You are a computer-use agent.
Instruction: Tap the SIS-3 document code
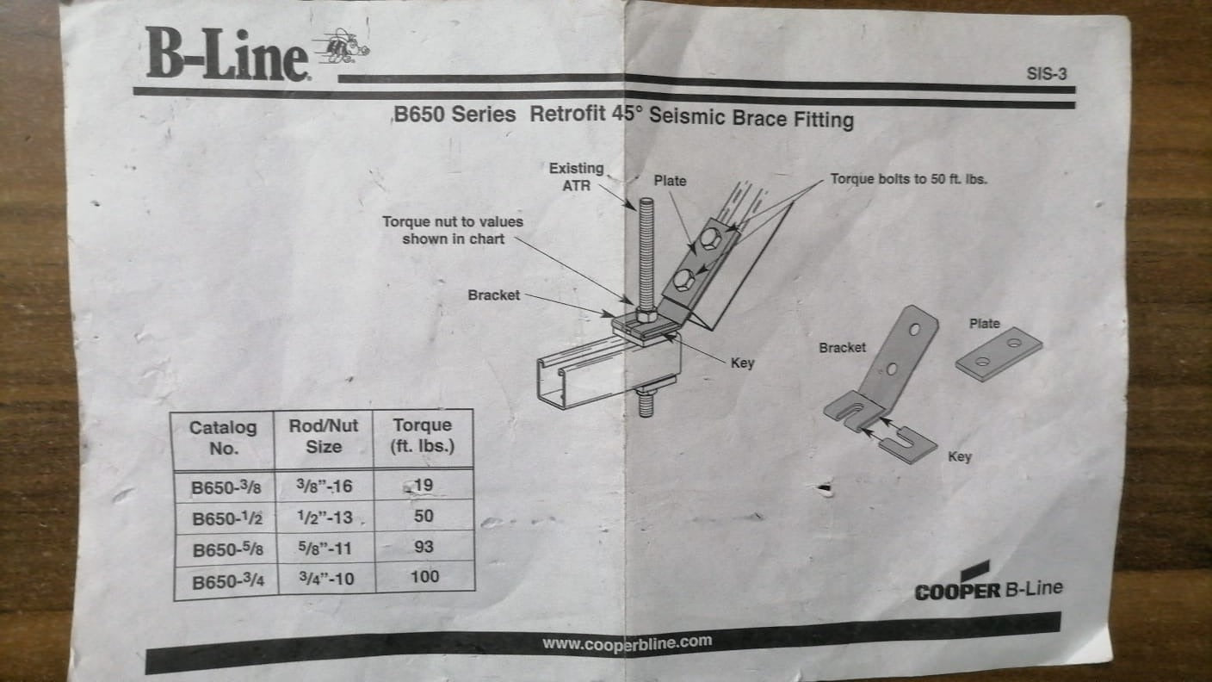click(1047, 74)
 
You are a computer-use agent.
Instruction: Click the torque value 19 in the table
click(424, 486)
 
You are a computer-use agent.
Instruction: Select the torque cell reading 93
click(424, 547)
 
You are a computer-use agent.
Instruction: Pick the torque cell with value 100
click(424, 577)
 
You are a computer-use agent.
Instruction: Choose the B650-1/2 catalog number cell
click(222, 518)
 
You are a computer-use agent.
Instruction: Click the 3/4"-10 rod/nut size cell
click(325, 579)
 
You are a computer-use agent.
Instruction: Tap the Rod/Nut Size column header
click(324, 436)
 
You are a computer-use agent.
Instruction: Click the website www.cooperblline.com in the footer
click(627, 642)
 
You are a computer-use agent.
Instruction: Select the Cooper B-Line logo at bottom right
click(988, 586)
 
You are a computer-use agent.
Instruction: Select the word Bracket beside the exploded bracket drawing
click(842, 348)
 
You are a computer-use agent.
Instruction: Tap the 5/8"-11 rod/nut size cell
click(325, 548)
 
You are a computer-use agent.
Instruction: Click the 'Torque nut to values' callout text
click(453, 230)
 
